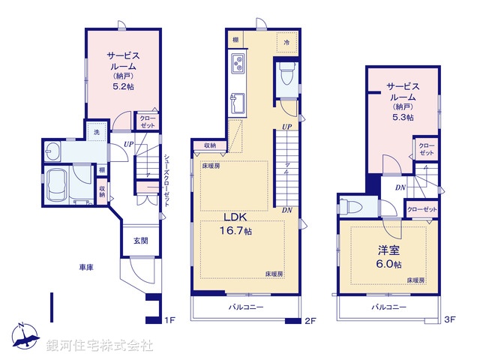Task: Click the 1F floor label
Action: point(170,321)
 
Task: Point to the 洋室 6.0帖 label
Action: point(387,256)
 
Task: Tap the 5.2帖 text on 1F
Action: point(124,86)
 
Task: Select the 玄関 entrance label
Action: point(141,241)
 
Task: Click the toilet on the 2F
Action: point(286,75)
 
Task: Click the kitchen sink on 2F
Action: point(237,102)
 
